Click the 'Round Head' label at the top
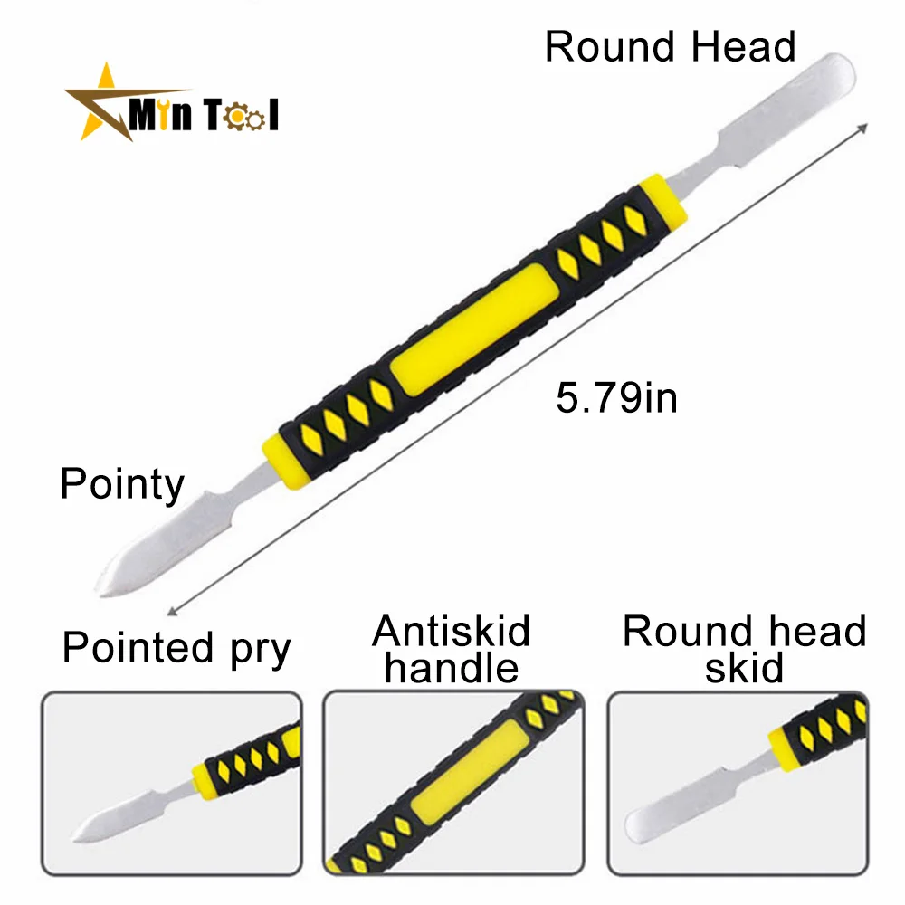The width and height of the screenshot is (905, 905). point(670,46)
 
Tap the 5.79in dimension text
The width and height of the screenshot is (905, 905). point(616,397)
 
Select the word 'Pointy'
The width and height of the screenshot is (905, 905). point(122,485)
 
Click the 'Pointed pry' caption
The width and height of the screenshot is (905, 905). point(176,648)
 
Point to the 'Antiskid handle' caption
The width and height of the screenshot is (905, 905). point(452,649)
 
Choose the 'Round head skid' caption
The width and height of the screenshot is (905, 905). point(745,649)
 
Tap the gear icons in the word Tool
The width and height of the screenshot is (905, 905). point(243,118)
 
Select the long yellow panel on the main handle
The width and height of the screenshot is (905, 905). point(474,329)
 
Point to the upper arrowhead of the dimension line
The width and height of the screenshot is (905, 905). point(863,129)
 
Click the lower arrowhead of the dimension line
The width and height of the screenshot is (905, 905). point(172,611)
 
